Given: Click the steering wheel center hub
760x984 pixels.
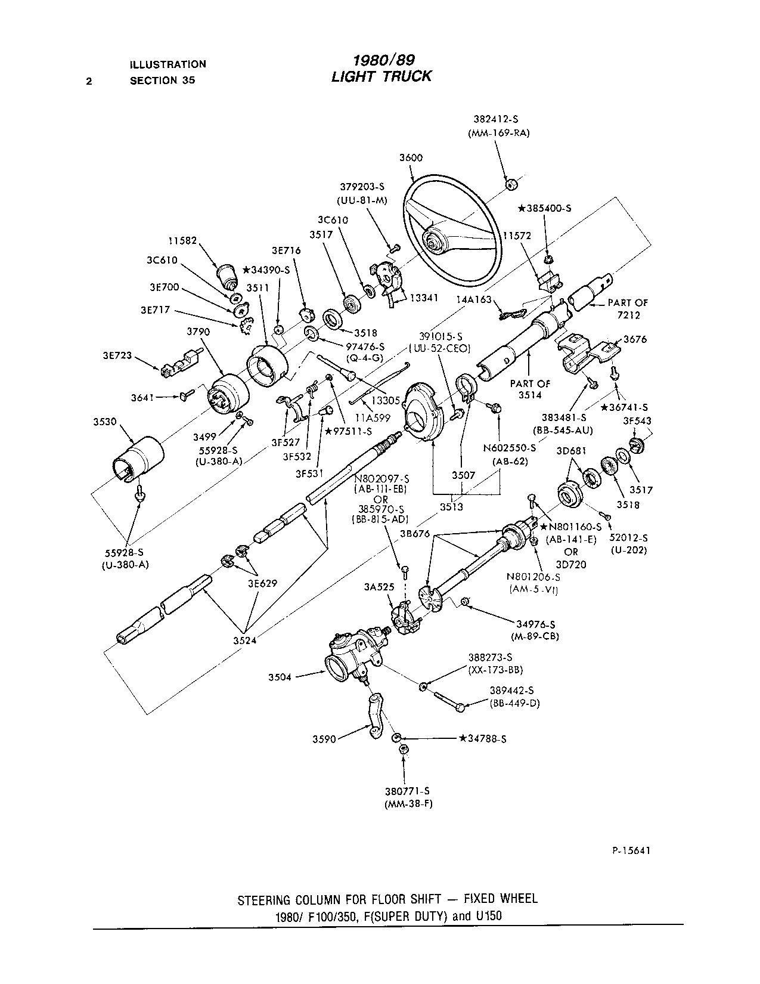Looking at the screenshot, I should (x=433, y=242).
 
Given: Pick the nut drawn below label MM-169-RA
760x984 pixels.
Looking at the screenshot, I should (x=510, y=184).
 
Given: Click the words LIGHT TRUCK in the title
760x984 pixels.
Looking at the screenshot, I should (x=381, y=76).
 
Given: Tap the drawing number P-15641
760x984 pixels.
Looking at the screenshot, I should (x=626, y=850).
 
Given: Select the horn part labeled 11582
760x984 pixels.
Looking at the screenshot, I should (x=227, y=276).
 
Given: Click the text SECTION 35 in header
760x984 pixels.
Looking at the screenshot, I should (x=162, y=81).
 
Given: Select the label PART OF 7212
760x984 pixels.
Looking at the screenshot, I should (x=628, y=308).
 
